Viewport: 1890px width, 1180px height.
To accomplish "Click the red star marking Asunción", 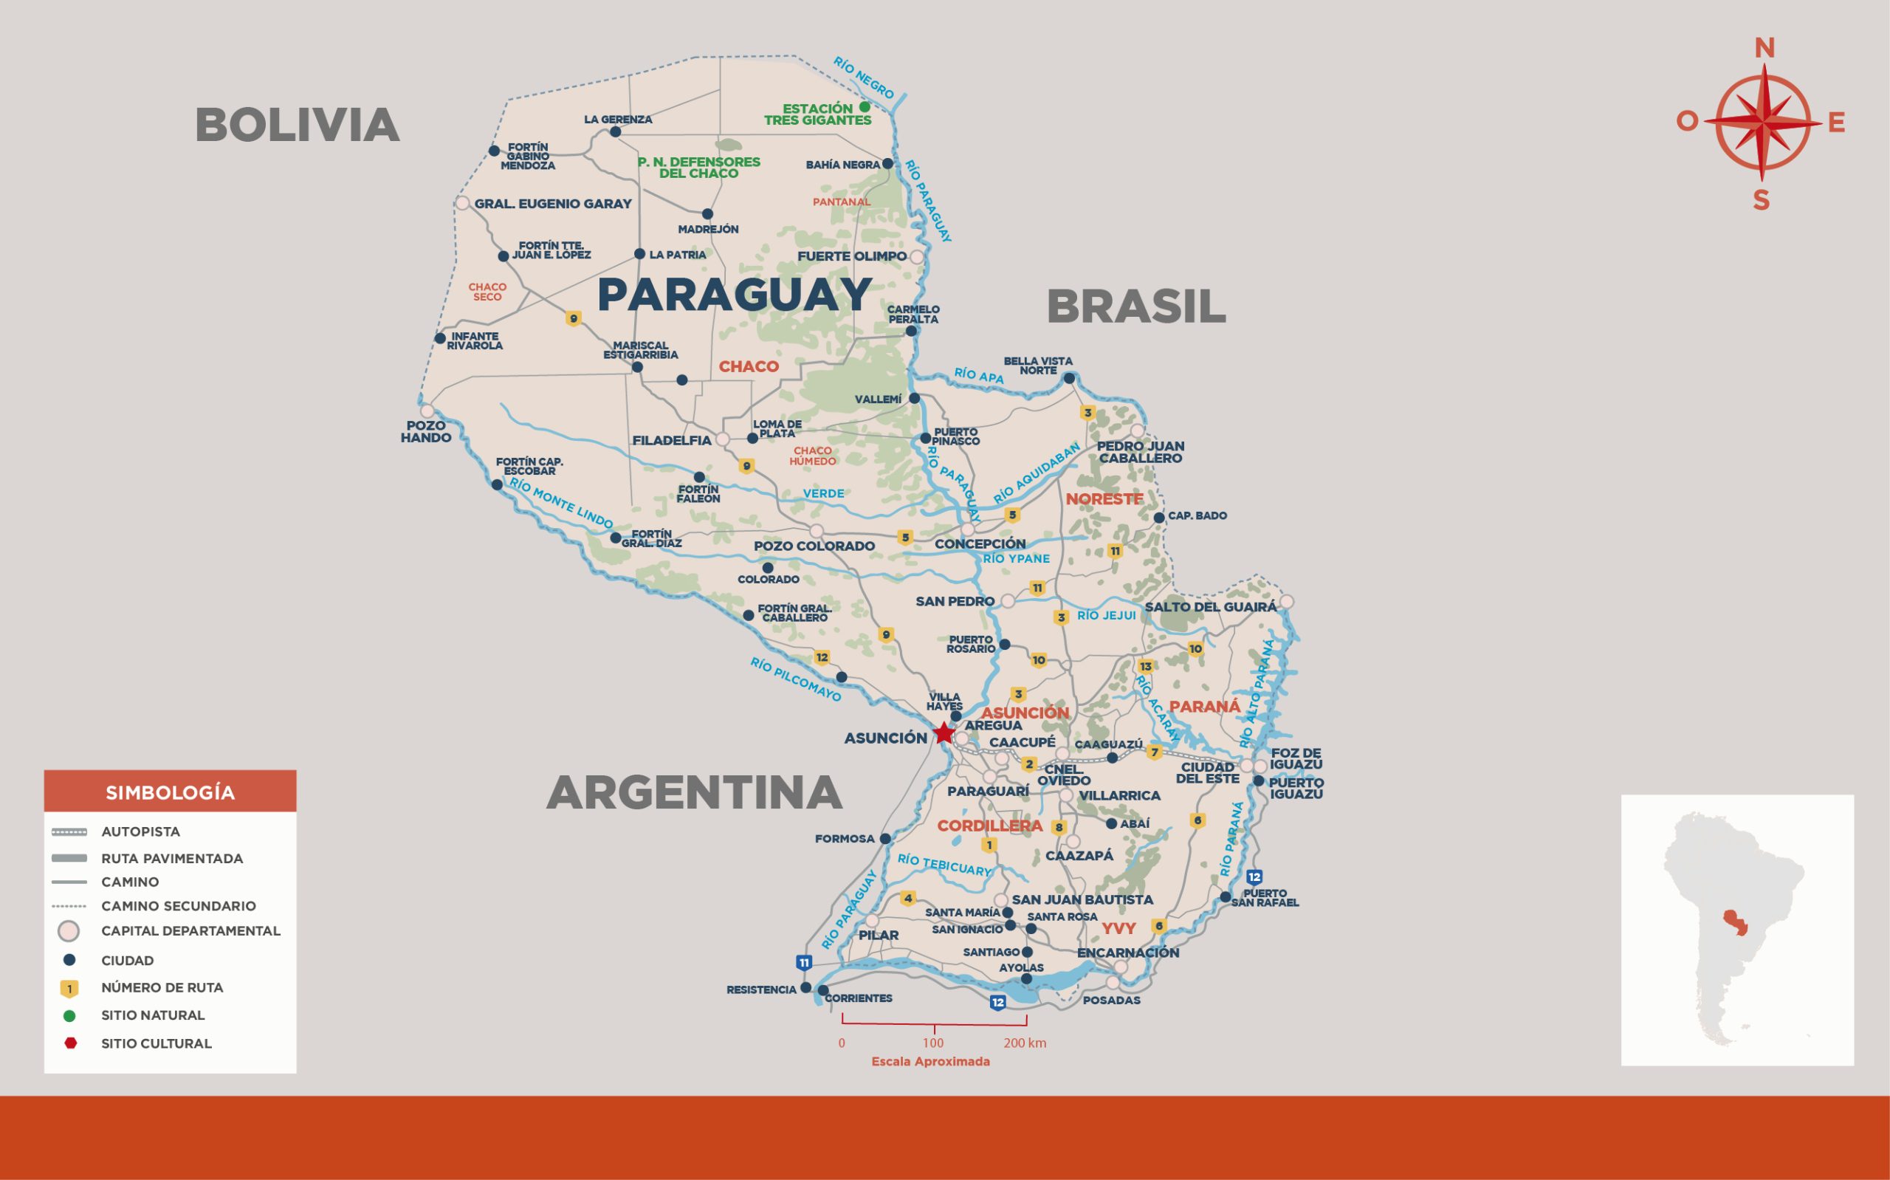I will tap(944, 733).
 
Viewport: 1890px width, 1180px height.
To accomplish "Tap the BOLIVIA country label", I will tap(298, 125).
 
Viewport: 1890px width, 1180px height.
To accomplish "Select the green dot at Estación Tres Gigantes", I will tap(865, 107).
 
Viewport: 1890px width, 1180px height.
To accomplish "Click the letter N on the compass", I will tap(1764, 49).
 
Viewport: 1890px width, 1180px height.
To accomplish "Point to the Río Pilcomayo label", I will tap(796, 679).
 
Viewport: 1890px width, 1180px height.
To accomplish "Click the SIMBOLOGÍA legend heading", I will tap(170, 793).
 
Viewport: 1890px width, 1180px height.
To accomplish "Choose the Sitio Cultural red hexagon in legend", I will tap(70, 1043).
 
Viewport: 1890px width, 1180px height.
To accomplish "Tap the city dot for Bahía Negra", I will tap(887, 164).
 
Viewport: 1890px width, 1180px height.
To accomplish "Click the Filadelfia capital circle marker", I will tap(723, 439).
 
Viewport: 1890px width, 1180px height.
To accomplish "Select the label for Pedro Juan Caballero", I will tap(1141, 452).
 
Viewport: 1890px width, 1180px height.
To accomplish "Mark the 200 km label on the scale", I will tap(1025, 1043).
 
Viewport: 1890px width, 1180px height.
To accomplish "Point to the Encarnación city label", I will tap(1128, 953).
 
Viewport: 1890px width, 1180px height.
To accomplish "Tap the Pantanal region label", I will tap(842, 202).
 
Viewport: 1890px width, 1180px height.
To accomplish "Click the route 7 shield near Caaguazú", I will tap(1155, 752).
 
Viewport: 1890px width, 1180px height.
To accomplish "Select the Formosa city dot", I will tap(885, 839).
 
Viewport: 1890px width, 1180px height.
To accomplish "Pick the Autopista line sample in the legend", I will tap(69, 832).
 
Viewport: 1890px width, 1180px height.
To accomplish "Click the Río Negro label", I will tap(864, 78).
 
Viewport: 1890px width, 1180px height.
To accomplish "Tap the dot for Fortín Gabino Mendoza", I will tap(494, 151).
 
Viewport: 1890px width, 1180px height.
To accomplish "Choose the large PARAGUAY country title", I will tap(734, 295).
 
